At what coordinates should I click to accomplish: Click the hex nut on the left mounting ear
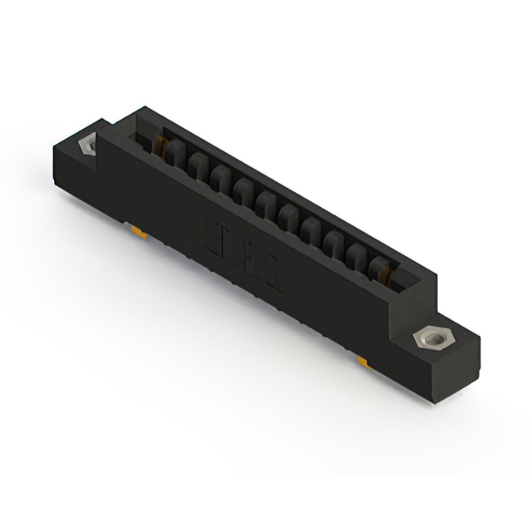[x=86, y=145]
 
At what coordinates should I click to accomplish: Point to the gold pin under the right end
[x=364, y=362]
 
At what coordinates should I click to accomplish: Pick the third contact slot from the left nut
[x=219, y=177]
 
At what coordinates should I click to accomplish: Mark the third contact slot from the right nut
[x=334, y=242]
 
